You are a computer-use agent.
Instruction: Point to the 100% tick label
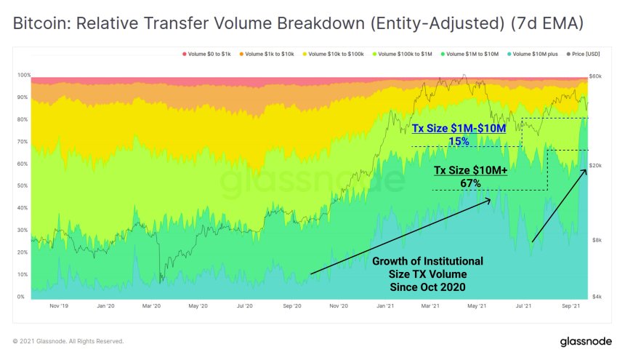click(23, 75)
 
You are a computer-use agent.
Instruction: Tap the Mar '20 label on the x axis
click(152, 306)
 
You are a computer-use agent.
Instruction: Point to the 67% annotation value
click(470, 183)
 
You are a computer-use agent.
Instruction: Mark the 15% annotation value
click(459, 142)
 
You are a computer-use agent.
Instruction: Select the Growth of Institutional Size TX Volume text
click(427, 273)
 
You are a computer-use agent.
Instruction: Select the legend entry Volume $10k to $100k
click(337, 55)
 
